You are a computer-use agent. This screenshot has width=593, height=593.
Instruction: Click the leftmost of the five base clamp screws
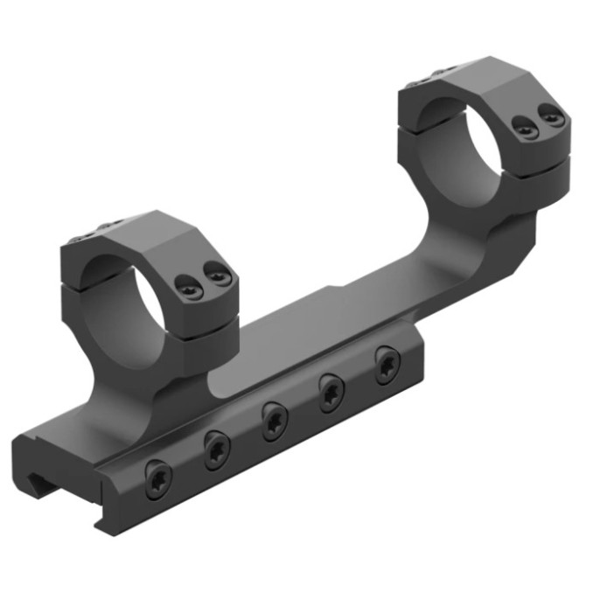pos(158,478)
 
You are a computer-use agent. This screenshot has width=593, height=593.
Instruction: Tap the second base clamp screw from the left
pos(216,450)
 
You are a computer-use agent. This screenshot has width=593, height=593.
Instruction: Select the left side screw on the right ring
pos(525,129)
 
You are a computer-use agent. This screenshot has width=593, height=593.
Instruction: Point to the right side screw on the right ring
pos(550,115)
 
